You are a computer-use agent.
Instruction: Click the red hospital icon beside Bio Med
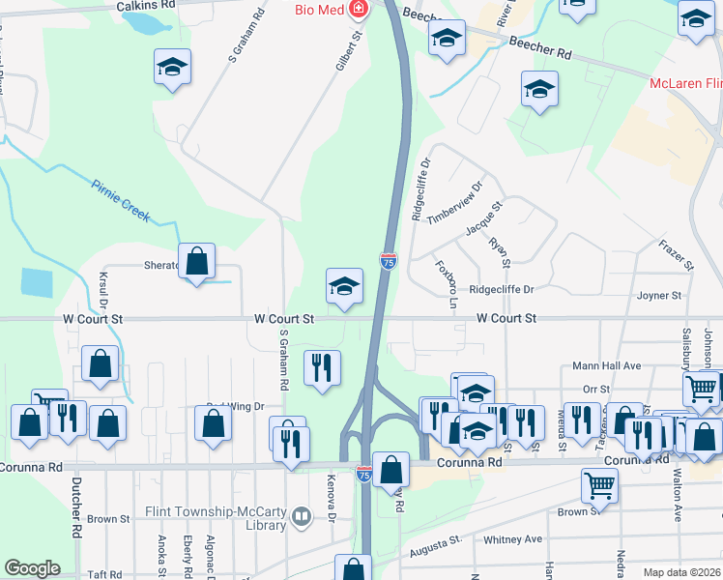pos(359,9)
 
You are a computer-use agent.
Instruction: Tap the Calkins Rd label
pos(146,5)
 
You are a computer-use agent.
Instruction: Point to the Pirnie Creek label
pos(121,200)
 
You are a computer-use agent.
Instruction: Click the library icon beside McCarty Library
pos(302,518)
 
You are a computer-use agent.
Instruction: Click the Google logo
pos(32,568)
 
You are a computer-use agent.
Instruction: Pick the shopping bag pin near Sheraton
pos(196,261)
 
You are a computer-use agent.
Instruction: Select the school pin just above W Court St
pos(343,286)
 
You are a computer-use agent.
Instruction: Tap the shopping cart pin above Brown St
pos(599,486)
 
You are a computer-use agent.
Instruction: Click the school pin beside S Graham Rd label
pos(172,67)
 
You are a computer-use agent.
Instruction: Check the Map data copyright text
pos(681,572)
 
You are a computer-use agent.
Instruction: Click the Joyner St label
pos(659,295)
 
